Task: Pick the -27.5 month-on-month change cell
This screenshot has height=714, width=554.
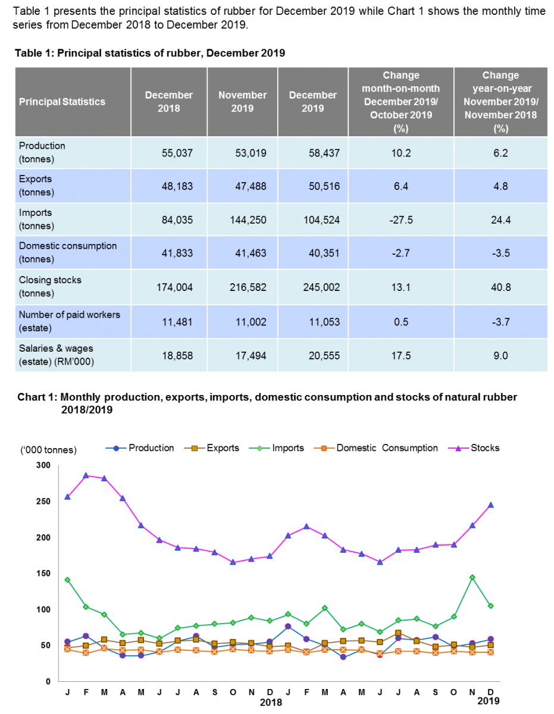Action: click(400, 220)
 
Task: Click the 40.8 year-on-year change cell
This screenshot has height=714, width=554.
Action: click(500, 287)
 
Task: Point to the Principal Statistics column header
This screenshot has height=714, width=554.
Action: click(62, 102)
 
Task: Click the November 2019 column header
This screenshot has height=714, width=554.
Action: click(242, 102)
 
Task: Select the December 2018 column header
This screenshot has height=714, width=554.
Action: click(169, 102)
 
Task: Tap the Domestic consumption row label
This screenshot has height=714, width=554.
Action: click(68, 252)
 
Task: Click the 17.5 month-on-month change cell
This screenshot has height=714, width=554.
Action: click(400, 355)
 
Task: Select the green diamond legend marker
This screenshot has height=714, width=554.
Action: click(259, 448)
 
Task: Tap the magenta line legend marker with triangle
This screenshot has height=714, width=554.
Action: click(458, 448)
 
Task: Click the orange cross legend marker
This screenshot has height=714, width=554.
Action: click(324, 448)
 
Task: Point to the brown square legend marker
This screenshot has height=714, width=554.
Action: click(194, 448)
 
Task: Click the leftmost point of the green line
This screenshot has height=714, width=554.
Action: click(68, 580)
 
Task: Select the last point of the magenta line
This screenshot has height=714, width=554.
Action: click(491, 505)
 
